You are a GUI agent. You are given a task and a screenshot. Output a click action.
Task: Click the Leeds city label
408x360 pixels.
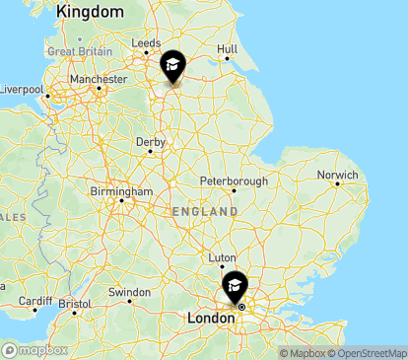point(146,43)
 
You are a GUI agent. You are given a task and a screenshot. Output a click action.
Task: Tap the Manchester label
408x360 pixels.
point(99,79)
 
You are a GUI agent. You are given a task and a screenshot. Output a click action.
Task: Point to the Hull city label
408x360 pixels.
point(228,48)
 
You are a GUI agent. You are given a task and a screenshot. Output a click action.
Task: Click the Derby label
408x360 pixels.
point(151,143)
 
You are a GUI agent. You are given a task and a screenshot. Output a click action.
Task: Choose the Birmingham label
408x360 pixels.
point(118,190)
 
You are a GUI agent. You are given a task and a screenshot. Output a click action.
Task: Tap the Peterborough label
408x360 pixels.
point(234,181)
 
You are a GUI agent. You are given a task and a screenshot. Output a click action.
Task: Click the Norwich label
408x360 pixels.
point(337,176)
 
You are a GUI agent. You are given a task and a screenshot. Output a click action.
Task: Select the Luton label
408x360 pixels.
point(223,257)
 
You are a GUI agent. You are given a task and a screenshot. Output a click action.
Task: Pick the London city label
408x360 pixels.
point(210,319)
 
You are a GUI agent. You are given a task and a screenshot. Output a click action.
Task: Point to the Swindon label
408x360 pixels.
point(129,292)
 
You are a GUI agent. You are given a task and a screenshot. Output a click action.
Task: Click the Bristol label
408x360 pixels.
point(74,305)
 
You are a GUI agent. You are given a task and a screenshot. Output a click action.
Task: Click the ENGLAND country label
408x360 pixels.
point(204,212)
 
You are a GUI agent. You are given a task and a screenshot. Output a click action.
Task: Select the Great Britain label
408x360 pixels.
point(78,51)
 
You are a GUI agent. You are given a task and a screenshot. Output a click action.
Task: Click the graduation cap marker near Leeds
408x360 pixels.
point(172,67)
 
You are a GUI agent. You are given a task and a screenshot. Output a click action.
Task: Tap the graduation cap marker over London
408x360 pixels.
point(235,286)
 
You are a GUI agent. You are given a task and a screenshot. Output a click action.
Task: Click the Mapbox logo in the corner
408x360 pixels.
point(35,350)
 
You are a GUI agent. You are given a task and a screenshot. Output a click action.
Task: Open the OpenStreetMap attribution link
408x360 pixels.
point(369,353)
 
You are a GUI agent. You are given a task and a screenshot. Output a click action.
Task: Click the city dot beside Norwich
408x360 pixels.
point(337,184)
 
